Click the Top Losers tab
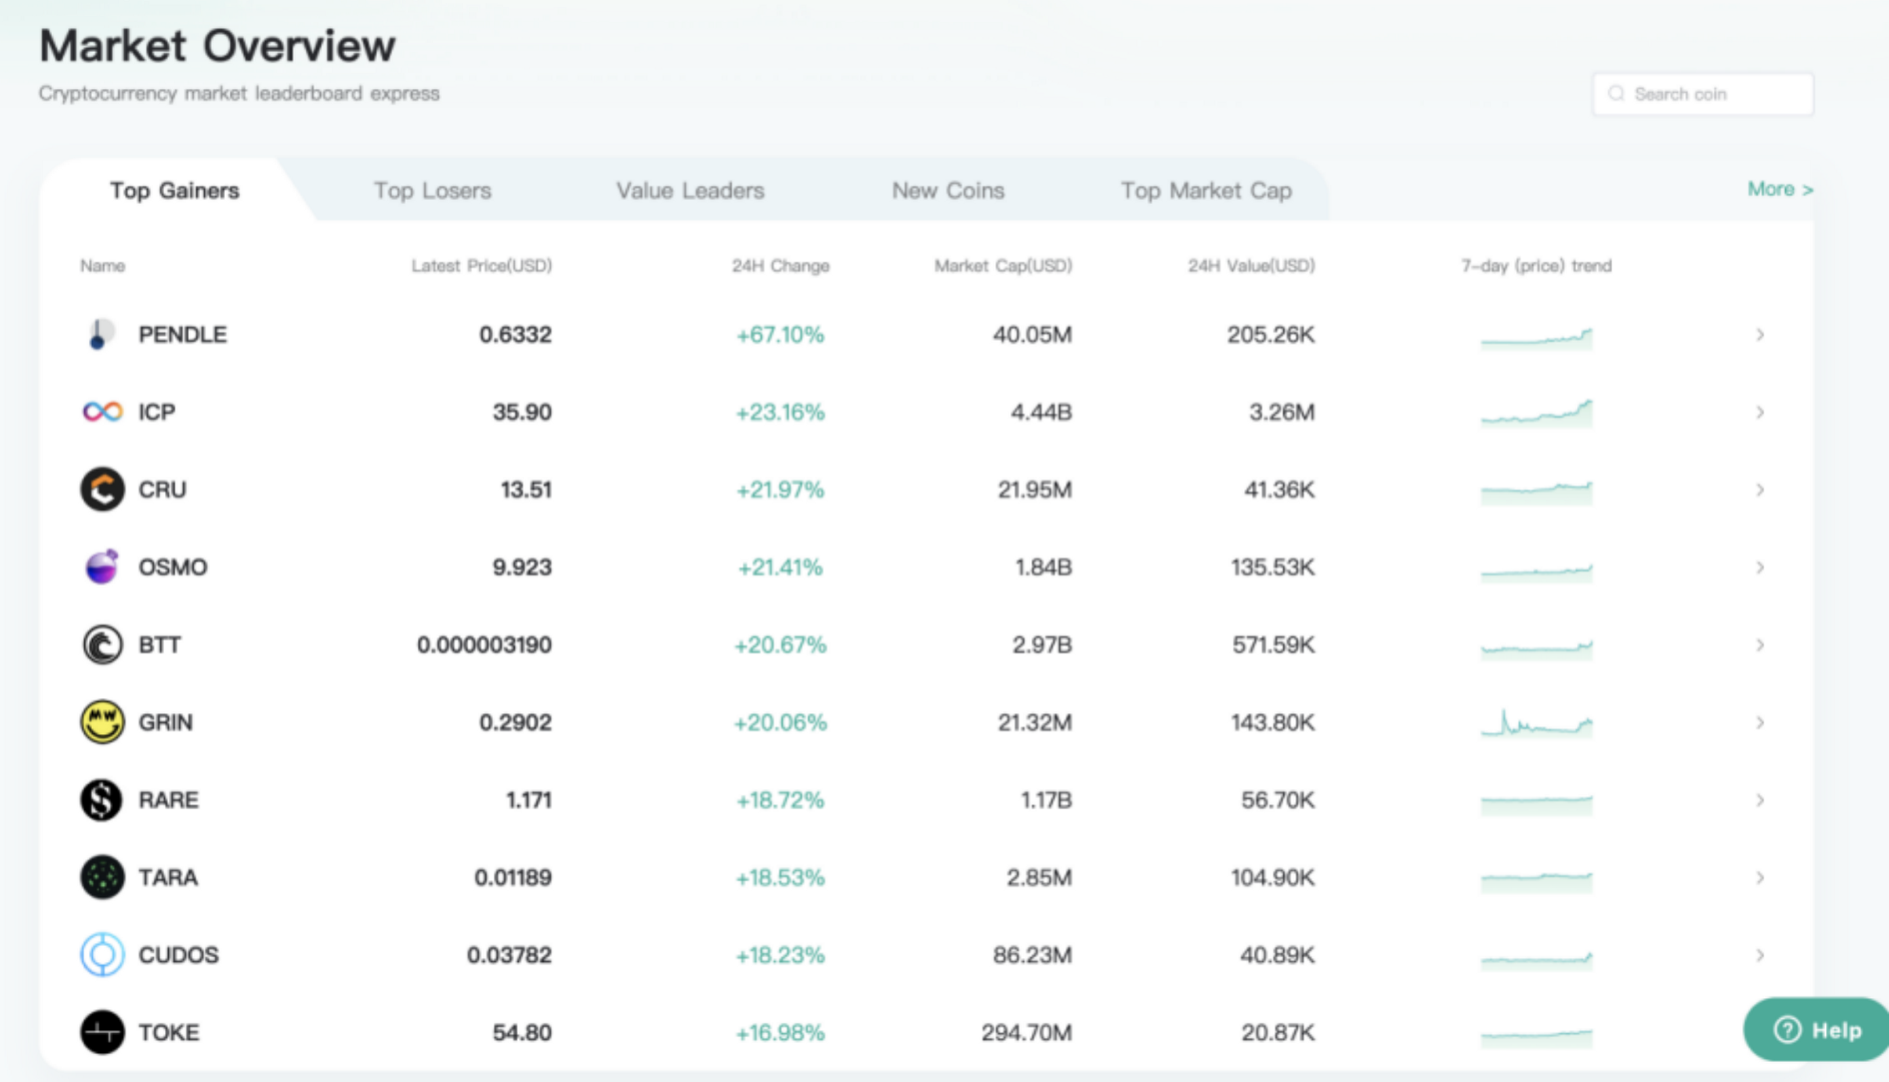[x=433, y=190]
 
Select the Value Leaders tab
[x=690, y=190]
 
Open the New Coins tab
[x=947, y=190]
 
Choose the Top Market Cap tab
[x=1206, y=190]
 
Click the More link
[x=1780, y=189]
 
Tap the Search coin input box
[x=1703, y=94]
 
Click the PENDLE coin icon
[x=99, y=335]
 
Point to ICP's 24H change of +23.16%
[x=780, y=412]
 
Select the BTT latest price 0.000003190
[x=484, y=644]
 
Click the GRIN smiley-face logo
[x=102, y=721]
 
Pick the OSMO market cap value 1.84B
[x=1043, y=566]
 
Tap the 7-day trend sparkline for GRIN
[x=1536, y=722]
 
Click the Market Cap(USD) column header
[x=1002, y=266]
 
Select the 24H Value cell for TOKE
[x=1277, y=1032]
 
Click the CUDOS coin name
[x=178, y=954]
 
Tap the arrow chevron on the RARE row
[x=1760, y=800]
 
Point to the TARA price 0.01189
[x=513, y=877]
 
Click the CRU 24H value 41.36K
[x=1279, y=490]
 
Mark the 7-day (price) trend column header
[x=1536, y=266]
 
